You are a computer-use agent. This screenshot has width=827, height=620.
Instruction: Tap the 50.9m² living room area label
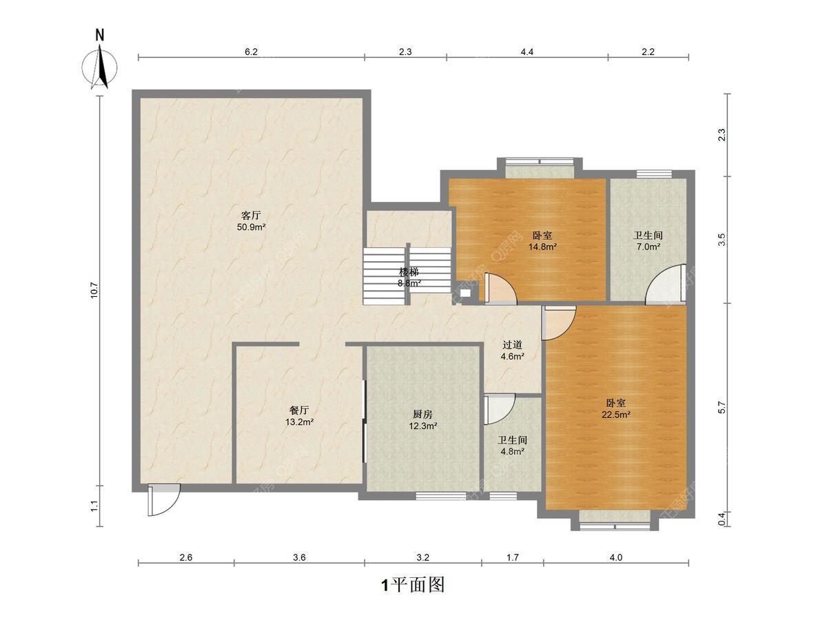pos(252,227)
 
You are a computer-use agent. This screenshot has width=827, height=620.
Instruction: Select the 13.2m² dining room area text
pos(300,422)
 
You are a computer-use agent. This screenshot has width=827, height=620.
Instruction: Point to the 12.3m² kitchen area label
pos(423,426)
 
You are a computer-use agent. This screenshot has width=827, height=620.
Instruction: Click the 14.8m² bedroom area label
pos(542,247)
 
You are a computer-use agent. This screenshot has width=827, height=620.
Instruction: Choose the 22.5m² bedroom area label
pos(616,415)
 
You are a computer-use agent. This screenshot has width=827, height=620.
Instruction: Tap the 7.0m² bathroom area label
pos(648,247)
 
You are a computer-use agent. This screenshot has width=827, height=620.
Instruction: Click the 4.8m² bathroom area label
pos(513,451)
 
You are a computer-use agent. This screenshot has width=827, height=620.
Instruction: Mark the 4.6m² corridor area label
pos(513,355)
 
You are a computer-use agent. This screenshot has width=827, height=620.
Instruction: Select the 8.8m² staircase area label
pos(409,283)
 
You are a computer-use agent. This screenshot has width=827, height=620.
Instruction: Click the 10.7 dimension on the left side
pos(94,291)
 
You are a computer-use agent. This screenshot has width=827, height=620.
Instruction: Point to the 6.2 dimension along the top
pos(252,52)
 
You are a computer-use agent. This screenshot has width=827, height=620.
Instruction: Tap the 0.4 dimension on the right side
pos(722,519)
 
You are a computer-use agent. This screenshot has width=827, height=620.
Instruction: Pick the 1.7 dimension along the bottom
pos(513,557)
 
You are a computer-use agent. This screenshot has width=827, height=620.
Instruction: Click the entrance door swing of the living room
pos(163,500)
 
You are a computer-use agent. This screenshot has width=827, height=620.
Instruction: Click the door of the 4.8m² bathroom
pos(499,409)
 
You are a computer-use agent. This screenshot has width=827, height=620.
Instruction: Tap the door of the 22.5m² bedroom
pos(559,323)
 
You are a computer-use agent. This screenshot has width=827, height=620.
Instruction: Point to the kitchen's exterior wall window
pos(441,496)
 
